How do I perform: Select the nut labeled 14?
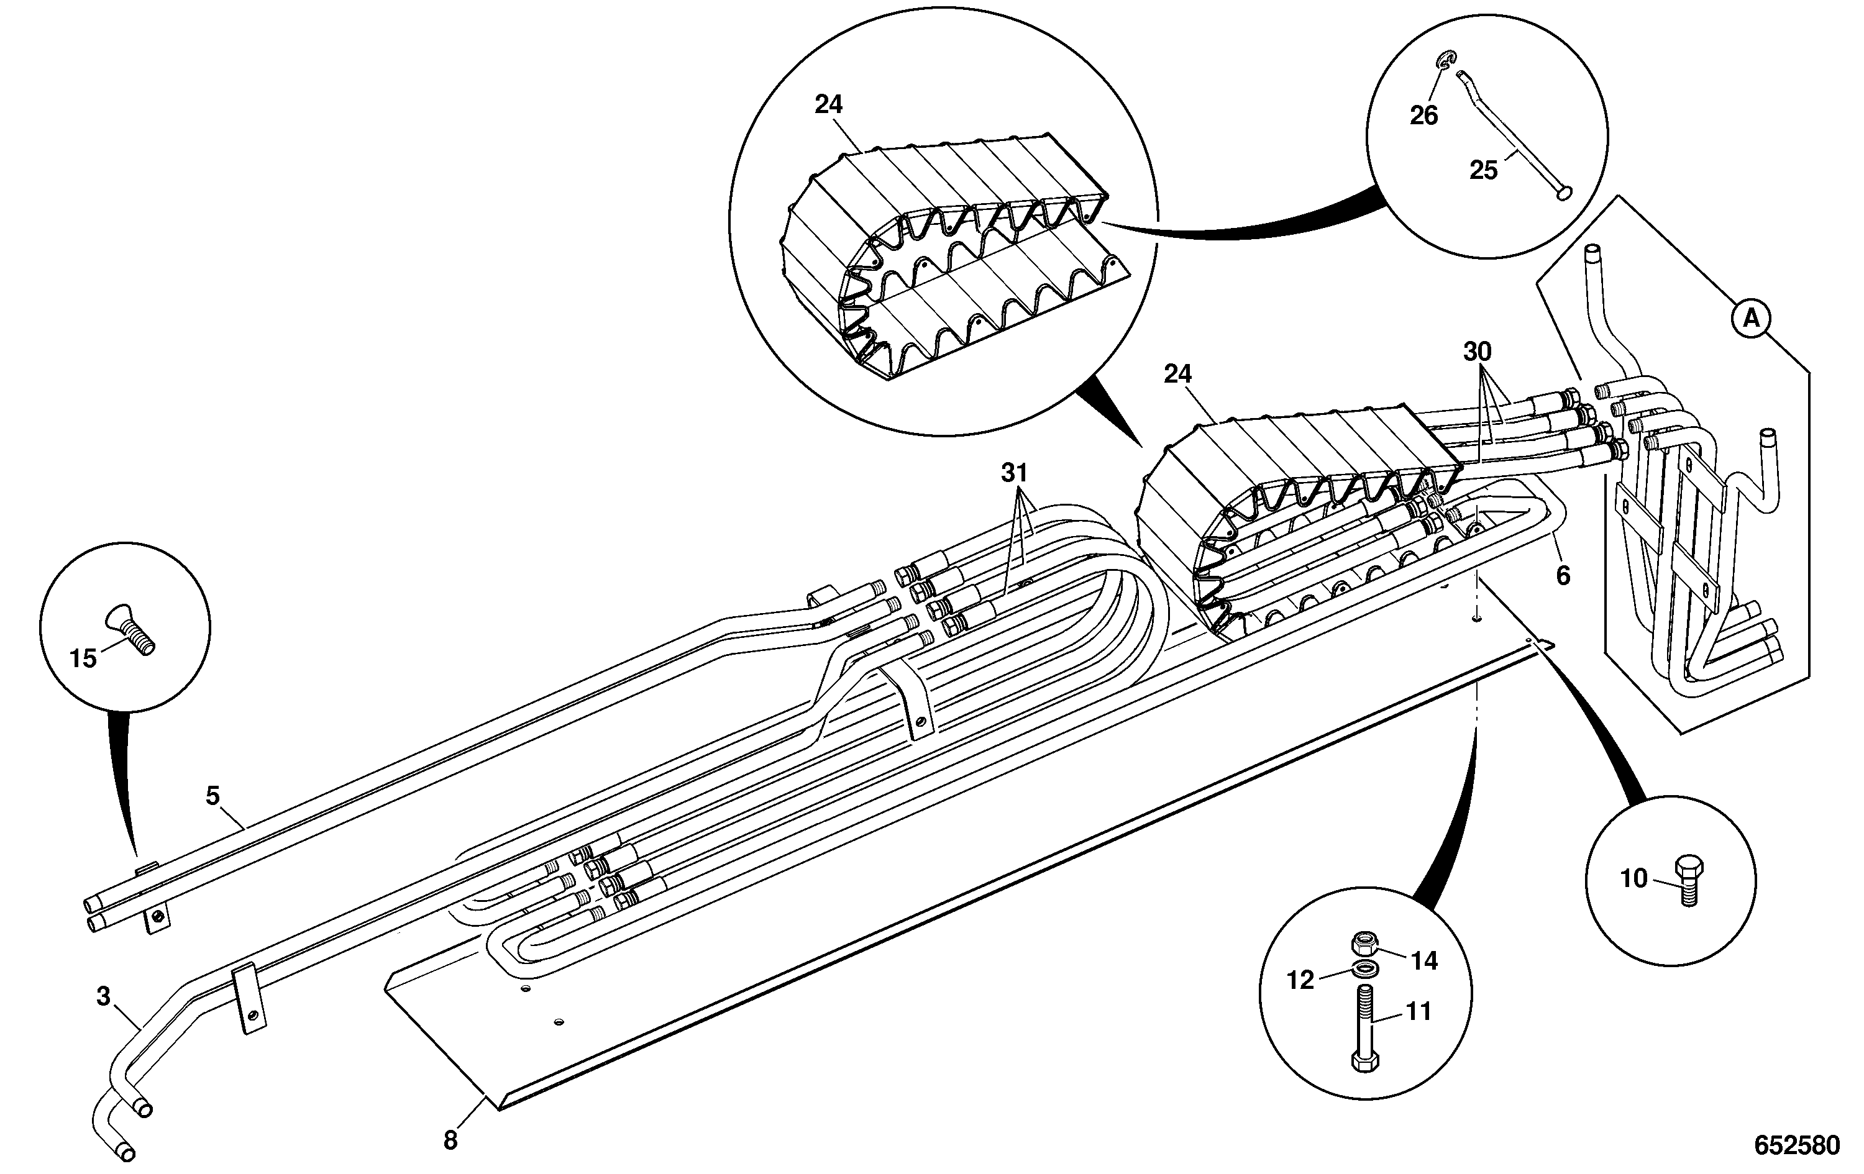(x=1364, y=942)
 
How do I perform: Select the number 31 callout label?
(x=1014, y=472)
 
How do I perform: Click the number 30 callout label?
(x=1477, y=352)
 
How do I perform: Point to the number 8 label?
(x=450, y=1140)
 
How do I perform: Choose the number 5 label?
(x=213, y=795)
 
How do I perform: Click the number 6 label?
(x=1563, y=575)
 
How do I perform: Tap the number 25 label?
(x=1483, y=170)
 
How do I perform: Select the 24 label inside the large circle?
(x=828, y=104)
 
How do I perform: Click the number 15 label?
(x=83, y=658)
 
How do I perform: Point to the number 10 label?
(x=1634, y=878)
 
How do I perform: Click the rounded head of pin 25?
(x=1565, y=193)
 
